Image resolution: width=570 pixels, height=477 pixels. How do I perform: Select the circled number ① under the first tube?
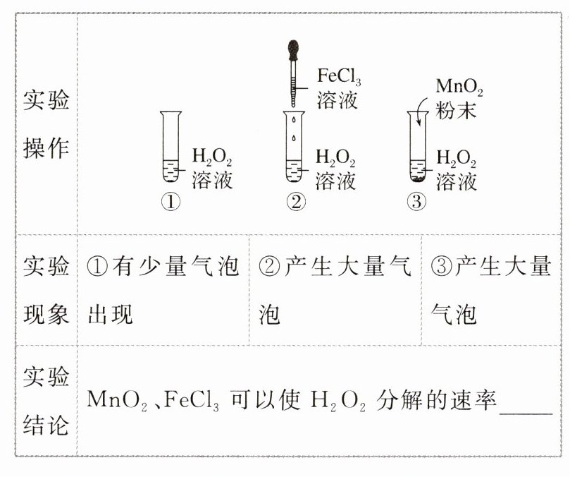tap(171, 203)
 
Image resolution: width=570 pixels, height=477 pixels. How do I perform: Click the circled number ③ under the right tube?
tap(417, 203)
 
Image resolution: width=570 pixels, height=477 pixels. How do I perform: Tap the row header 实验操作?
tap(47, 126)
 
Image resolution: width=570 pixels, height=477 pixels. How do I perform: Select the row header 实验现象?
tap(47, 289)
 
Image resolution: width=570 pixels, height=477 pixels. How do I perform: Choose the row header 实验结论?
tap(47, 401)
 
